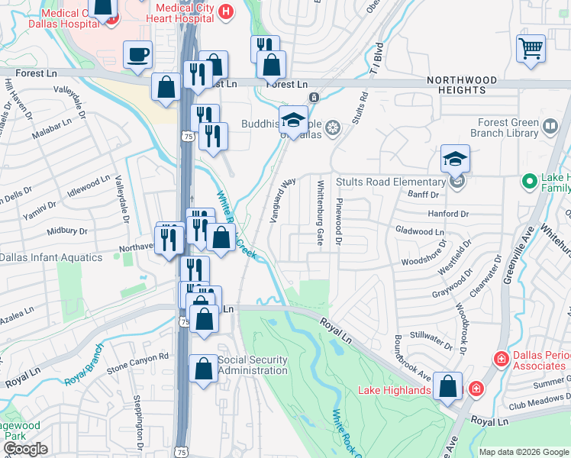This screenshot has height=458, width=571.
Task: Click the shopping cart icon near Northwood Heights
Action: [x=531, y=48]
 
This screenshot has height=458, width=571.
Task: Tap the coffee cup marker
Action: [x=137, y=55]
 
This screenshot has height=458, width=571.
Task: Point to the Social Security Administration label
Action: [x=253, y=366]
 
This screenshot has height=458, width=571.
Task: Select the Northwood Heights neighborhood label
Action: [x=462, y=85]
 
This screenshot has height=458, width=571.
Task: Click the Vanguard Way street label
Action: [x=282, y=201]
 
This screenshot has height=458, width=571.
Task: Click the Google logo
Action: [x=24, y=449]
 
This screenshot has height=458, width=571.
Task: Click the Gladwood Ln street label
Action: [x=420, y=231]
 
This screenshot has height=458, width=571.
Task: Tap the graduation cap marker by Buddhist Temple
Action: [x=292, y=120]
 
